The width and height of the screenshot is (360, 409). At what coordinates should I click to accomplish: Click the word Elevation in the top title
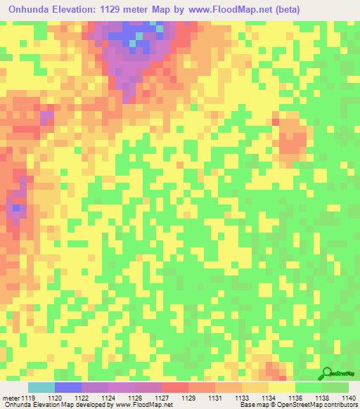pyautogui.click(x=79, y=11)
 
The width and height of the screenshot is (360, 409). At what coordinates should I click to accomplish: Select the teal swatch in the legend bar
pyautogui.click(x=41, y=387)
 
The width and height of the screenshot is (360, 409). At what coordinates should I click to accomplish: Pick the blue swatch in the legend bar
pyautogui.click(x=67, y=387)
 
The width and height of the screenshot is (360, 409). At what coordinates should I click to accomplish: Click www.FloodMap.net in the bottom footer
pyautogui.click(x=143, y=405)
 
